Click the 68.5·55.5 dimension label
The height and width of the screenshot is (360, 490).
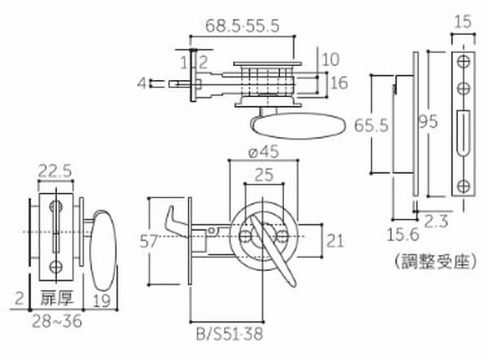243,25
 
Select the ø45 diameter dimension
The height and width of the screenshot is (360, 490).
262,152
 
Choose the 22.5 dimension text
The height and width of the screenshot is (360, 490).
57,170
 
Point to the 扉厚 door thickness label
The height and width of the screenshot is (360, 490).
53,299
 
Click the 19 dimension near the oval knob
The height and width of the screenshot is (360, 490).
102,299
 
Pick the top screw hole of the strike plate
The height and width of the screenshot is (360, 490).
462,61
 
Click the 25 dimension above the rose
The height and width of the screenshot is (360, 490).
262,174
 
